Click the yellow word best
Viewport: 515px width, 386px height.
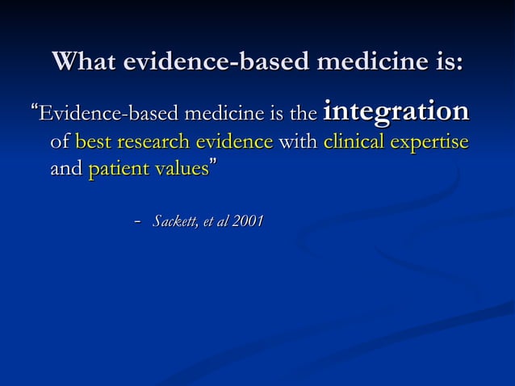tap(93, 143)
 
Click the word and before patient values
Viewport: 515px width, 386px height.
tap(65, 170)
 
